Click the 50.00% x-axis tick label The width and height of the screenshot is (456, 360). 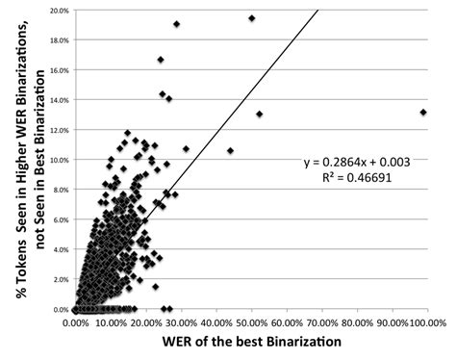(251, 323)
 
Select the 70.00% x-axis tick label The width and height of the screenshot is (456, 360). (321, 323)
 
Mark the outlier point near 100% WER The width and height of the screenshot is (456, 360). (424, 112)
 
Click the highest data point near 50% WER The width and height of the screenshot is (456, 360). (252, 18)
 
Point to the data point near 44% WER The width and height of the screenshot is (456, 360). (230, 150)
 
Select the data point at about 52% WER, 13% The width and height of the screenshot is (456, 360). (259, 115)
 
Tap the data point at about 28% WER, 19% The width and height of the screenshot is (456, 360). (177, 24)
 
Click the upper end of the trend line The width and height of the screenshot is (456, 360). (317, 11)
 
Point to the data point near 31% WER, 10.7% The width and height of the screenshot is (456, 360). (186, 149)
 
